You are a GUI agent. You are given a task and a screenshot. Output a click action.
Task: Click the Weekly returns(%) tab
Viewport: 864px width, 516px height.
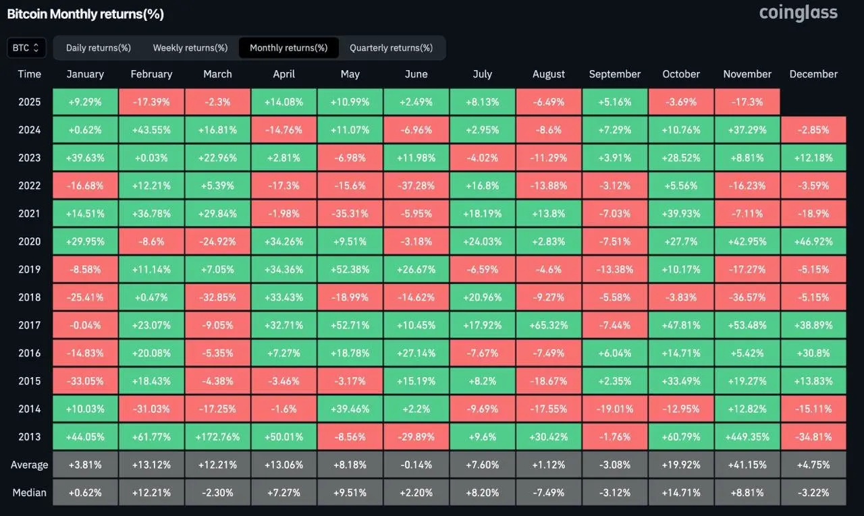click(x=190, y=48)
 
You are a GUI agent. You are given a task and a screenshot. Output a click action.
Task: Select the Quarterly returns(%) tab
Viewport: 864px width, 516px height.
click(x=391, y=48)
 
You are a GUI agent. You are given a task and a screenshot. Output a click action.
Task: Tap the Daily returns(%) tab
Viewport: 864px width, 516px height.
click(x=99, y=48)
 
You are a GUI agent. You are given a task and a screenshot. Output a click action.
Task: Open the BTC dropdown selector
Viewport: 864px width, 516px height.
click(x=27, y=48)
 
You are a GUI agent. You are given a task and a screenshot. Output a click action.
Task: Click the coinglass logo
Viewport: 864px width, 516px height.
click(x=798, y=13)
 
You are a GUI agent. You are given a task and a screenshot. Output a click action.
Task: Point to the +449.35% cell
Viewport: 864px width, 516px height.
click(x=747, y=436)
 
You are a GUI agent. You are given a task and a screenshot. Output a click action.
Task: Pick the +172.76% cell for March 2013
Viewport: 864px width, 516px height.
click(x=217, y=436)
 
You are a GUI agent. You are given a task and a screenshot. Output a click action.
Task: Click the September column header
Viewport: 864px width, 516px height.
click(x=614, y=74)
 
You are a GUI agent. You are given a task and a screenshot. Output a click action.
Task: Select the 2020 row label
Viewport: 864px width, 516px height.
click(x=30, y=241)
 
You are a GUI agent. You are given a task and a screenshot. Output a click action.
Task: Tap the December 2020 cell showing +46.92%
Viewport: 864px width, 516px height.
click(x=813, y=241)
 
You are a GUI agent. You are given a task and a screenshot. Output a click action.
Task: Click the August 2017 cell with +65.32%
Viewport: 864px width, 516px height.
click(x=548, y=325)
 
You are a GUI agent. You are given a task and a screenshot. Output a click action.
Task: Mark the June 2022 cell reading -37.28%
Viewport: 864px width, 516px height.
click(x=416, y=185)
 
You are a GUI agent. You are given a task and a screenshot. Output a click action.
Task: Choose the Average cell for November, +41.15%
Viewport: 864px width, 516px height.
click(x=747, y=465)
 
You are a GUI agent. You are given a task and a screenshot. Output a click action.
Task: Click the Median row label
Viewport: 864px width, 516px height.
click(x=30, y=492)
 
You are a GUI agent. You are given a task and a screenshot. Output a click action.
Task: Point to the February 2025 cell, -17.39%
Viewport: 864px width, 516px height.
click(x=151, y=103)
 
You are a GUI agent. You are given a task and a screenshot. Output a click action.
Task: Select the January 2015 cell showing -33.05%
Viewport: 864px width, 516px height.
click(x=85, y=381)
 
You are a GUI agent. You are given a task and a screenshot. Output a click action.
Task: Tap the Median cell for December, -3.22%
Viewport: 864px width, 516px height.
click(x=813, y=492)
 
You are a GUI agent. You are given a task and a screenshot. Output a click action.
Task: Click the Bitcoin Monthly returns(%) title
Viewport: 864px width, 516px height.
click(x=85, y=13)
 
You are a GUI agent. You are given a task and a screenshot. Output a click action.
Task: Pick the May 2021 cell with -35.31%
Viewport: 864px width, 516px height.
click(x=350, y=214)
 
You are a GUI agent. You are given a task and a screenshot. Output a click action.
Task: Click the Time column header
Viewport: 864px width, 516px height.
click(x=30, y=74)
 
